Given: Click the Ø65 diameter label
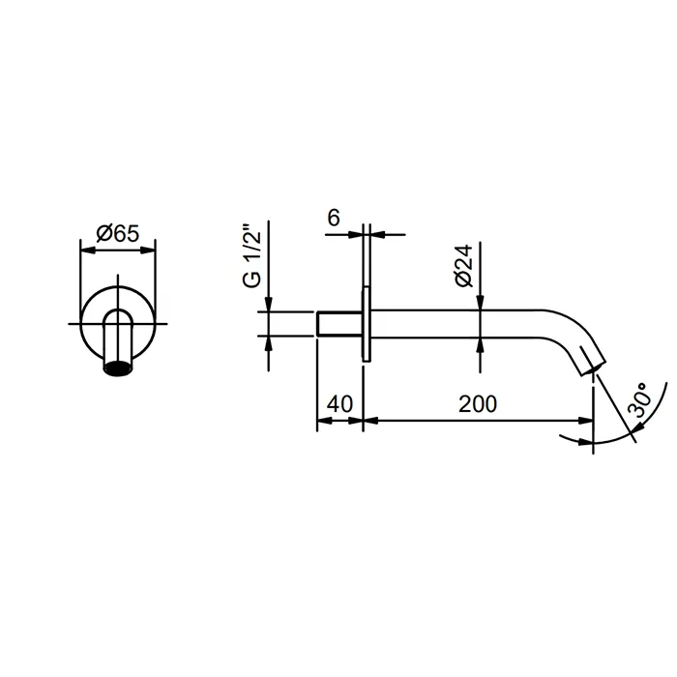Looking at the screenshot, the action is tap(118, 234).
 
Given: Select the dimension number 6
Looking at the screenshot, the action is tap(334, 218).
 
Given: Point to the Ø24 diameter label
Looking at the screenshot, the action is tap(463, 266).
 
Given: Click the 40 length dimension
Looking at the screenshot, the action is tap(339, 404).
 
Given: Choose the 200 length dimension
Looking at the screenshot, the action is tap(478, 404).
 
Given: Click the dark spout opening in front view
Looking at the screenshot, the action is tap(118, 369).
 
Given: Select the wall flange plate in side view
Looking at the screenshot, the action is tap(367, 324).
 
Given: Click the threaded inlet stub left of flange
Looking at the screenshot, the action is tap(339, 323).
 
